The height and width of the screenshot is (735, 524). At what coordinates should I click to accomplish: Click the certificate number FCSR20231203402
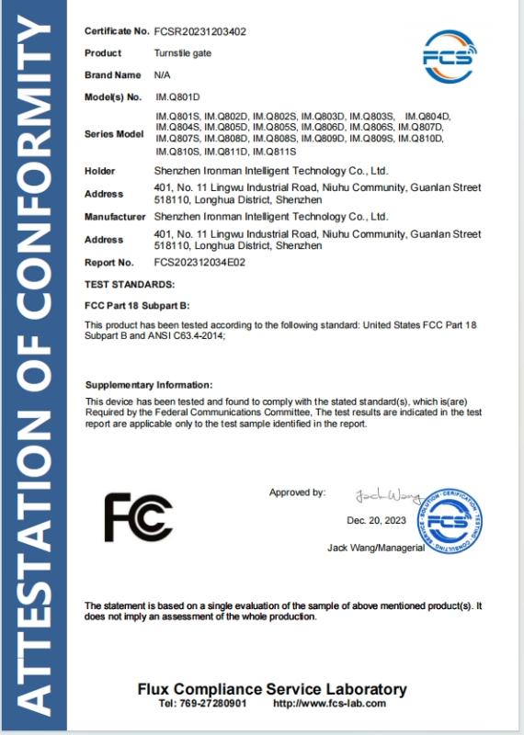[199, 31]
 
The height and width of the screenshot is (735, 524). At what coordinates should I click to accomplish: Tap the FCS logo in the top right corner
[450, 56]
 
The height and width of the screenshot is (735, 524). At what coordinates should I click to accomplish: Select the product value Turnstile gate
[182, 53]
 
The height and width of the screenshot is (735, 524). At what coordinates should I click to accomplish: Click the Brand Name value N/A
[161, 74]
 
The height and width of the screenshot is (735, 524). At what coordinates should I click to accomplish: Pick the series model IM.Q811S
[273, 150]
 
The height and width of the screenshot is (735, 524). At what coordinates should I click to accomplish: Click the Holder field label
[99, 171]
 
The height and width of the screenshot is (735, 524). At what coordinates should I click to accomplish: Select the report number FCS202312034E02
[199, 262]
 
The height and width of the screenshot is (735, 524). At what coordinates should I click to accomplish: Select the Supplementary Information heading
[149, 384]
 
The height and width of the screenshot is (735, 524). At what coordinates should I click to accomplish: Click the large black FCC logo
[138, 516]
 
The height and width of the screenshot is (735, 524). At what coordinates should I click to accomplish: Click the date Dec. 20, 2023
[376, 520]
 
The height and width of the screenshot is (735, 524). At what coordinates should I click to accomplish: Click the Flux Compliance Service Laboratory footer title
[272, 689]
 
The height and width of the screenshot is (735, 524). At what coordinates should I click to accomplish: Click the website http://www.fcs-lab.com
[330, 704]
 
